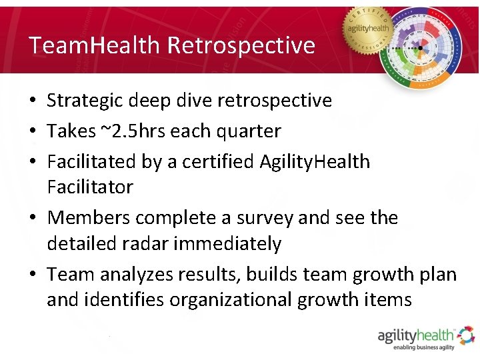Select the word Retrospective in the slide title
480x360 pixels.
(241, 45)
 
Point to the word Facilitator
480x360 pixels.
(89, 187)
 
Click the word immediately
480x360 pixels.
(227, 244)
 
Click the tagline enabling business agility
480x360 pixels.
(424, 348)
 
